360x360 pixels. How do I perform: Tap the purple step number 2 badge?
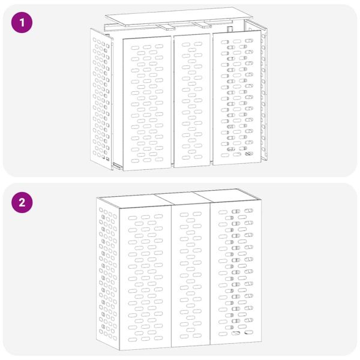22,202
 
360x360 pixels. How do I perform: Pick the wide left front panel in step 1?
146,102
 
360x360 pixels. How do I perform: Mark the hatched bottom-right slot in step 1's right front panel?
248,154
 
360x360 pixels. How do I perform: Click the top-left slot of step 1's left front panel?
134,47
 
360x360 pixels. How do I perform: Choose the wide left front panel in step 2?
146,276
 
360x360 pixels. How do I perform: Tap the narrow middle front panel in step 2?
191,276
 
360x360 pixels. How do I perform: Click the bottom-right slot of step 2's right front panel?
248,332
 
